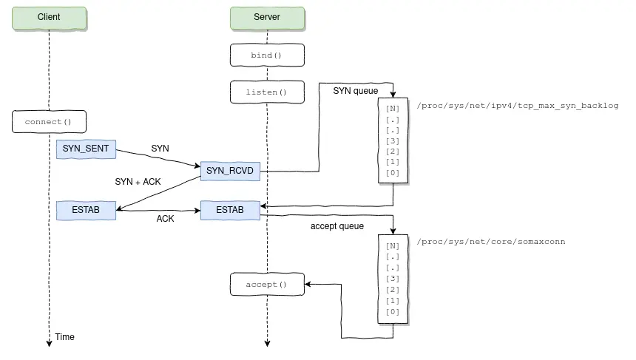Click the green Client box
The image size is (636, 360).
coord(49,17)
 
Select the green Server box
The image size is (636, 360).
coord(266,17)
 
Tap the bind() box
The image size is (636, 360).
coord(266,55)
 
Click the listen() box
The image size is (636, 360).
coord(266,92)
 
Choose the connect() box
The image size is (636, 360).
coord(49,121)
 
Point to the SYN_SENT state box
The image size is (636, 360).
coord(86,149)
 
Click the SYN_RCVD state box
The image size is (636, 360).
coord(230,171)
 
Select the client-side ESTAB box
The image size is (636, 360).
coord(86,210)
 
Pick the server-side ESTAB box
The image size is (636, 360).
coord(230,210)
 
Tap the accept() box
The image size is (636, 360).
coord(266,285)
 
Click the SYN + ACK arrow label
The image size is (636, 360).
coord(138,181)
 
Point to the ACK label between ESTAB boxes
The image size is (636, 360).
coord(166,219)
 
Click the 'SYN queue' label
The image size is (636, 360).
coord(356,91)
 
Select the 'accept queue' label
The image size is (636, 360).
coord(336,226)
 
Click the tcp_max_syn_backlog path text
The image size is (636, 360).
coord(518,106)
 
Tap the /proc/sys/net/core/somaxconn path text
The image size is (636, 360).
coord(491,242)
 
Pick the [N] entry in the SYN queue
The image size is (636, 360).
coord(392,108)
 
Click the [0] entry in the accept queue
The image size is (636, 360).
coord(392,312)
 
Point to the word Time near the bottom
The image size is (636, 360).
coord(65,337)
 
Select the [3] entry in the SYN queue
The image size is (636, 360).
coord(392,141)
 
